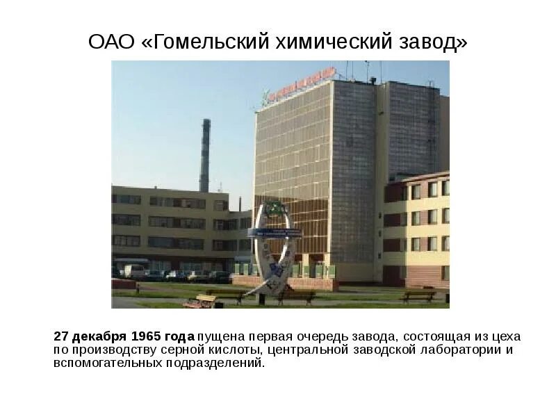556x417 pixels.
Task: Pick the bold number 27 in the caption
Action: tap(61, 336)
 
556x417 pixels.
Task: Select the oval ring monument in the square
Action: tap(276, 247)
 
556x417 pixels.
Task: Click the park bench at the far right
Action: tap(419, 296)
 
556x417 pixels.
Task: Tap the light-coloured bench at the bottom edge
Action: tap(200, 302)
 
